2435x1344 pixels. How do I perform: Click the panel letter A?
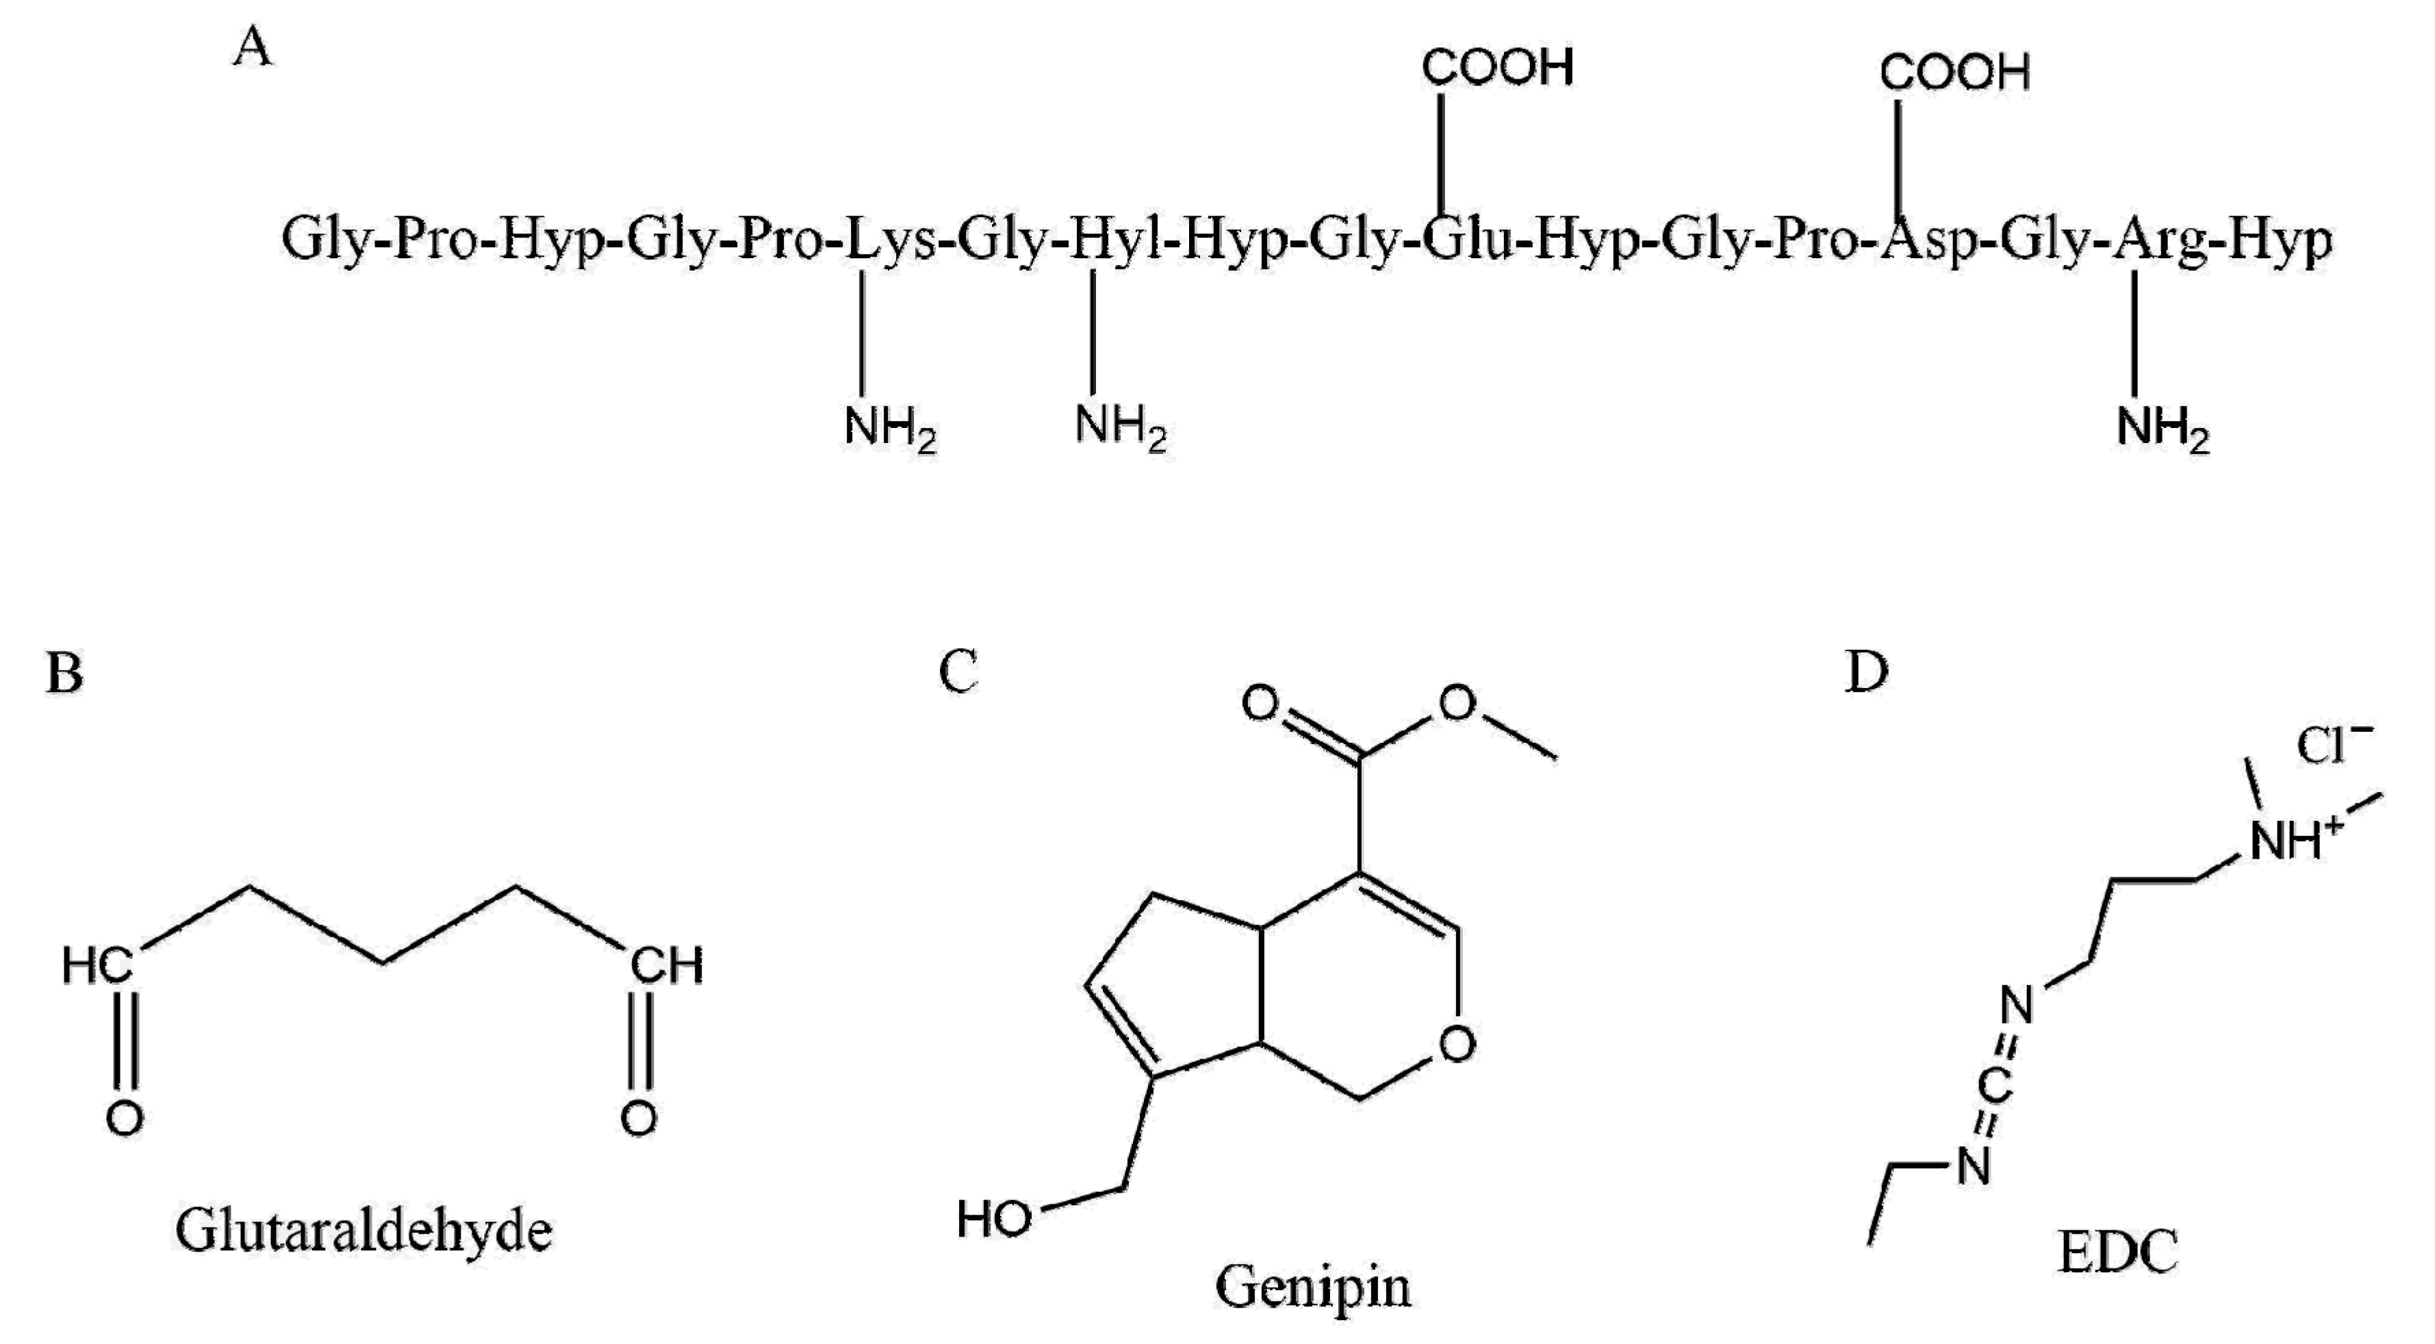(253, 47)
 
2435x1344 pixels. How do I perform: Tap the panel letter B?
(64, 673)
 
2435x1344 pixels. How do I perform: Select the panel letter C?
(958, 673)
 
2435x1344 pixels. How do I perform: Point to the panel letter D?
(1866, 671)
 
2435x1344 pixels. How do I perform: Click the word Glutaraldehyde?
(364, 1232)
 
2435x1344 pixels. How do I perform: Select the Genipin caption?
(1313, 1287)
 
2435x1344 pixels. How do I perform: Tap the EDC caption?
(2117, 1252)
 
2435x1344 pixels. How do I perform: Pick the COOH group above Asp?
(1955, 73)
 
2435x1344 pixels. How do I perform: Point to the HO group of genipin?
(993, 1219)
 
